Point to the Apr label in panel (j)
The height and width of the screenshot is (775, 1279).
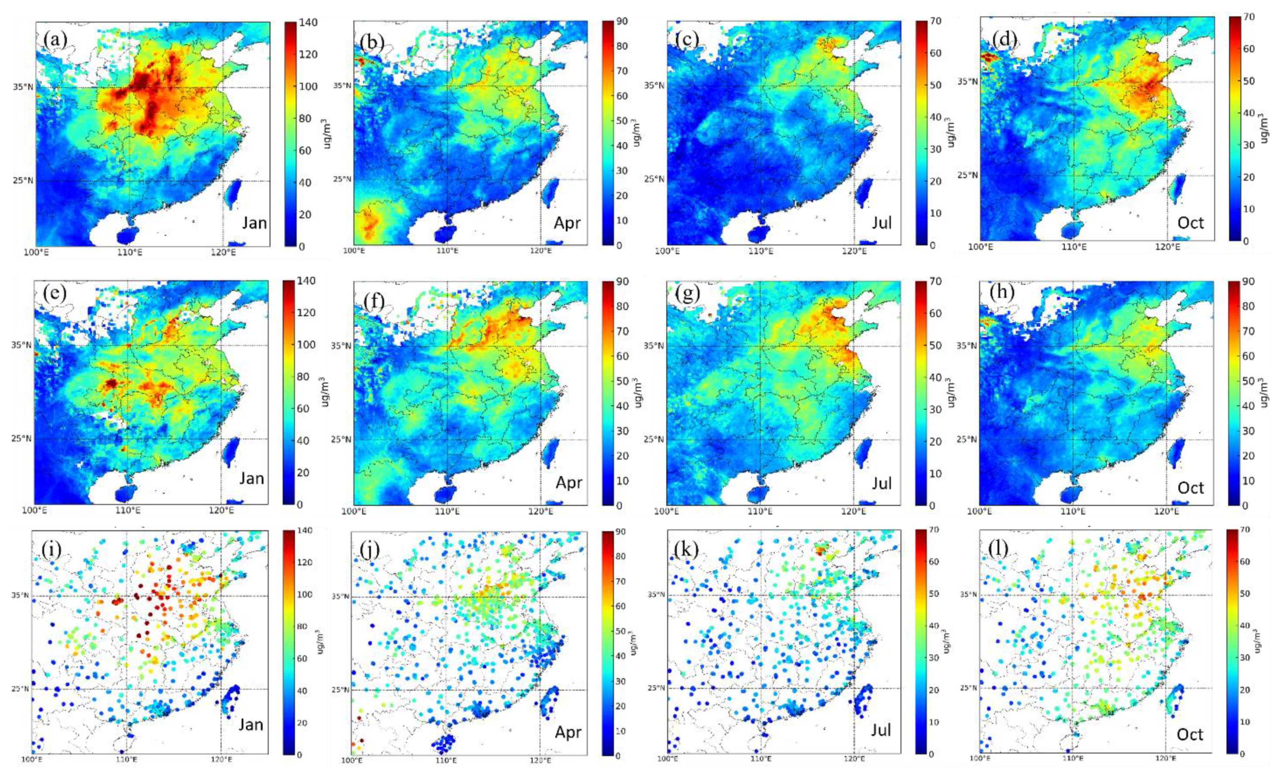tap(568, 732)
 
